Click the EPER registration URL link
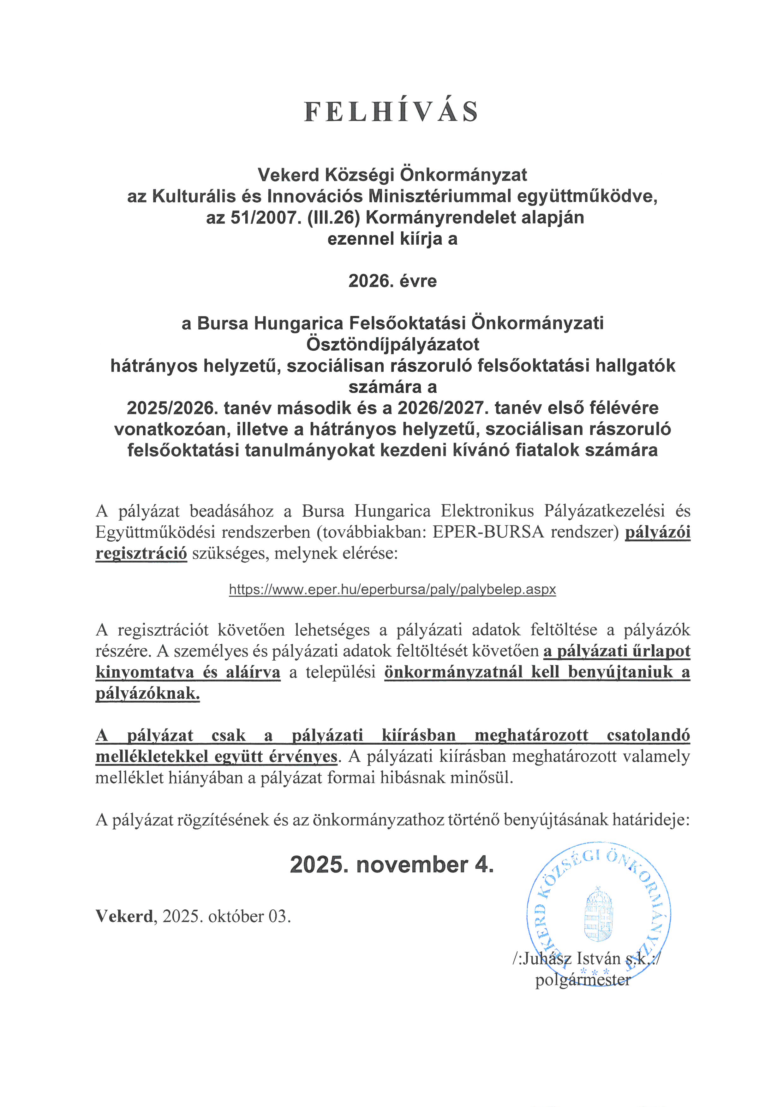click(x=392, y=589)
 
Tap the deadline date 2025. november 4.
click(x=391, y=865)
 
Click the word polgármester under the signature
click(x=583, y=980)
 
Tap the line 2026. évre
click(x=392, y=281)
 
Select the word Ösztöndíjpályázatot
click(x=392, y=345)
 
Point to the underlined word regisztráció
click(x=141, y=553)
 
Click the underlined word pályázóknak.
click(x=147, y=694)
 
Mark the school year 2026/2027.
click(x=441, y=408)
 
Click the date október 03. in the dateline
click(x=249, y=916)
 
